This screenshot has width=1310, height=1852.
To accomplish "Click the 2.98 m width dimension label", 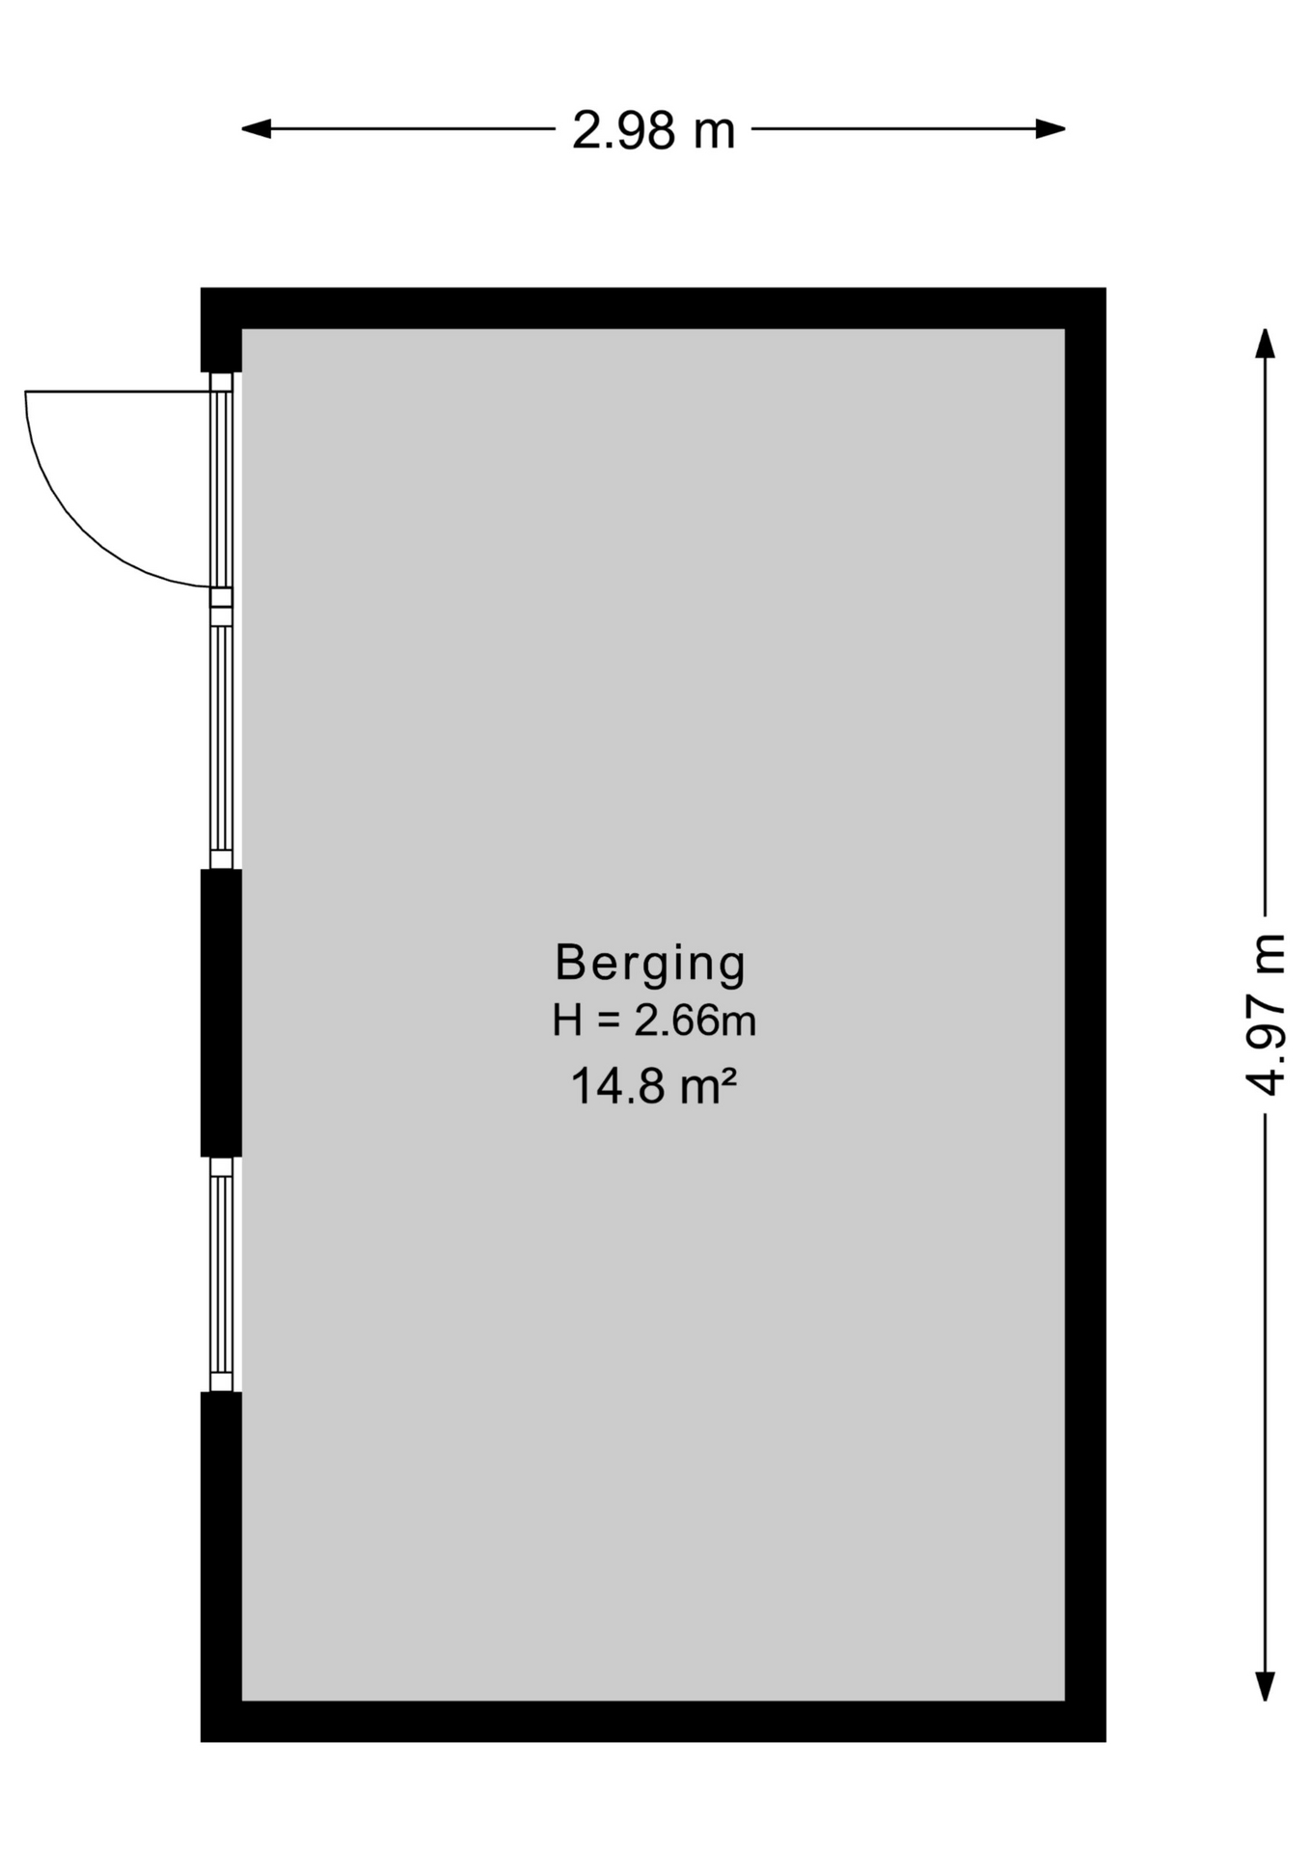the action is [x=653, y=130].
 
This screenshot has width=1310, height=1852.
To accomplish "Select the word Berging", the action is [x=651, y=964].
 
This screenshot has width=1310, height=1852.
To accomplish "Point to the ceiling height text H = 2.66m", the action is [x=653, y=1021].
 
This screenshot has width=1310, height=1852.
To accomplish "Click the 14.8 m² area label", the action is [x=654, y=1086].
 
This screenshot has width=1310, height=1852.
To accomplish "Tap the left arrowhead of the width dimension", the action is [x=256, y=128].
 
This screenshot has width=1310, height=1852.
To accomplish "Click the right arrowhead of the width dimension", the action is [x=1051, y=128].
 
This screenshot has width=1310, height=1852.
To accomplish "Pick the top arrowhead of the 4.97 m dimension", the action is [x=1265, y=343].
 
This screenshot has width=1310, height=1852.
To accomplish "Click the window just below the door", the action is [x=222, y=738].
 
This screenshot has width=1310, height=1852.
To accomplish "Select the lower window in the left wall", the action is [x=222, y=1274].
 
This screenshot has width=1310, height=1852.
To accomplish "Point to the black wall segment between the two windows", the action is [x=221, y=1013].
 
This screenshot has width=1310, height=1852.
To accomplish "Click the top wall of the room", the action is [x=653, y=308].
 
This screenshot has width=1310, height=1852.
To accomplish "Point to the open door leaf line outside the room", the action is [x=118, y=392].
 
